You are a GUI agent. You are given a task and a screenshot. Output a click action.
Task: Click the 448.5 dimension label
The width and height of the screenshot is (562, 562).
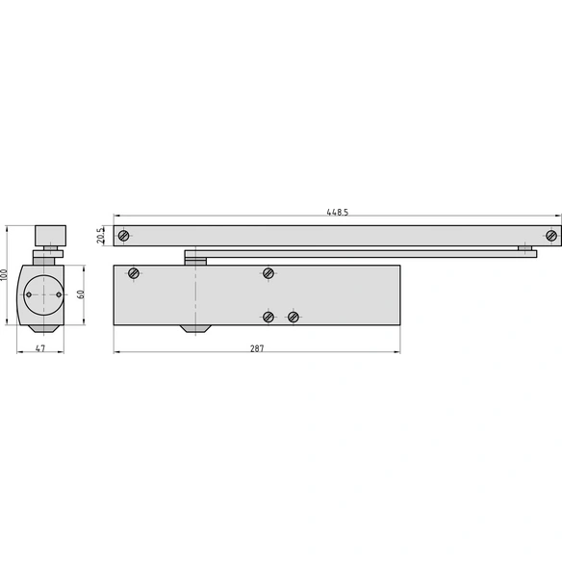337,212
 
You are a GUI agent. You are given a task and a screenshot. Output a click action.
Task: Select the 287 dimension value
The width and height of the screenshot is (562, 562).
257,348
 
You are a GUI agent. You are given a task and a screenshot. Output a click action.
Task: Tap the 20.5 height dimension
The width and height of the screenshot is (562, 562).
101,235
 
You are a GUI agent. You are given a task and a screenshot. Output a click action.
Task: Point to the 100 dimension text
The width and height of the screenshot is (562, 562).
4,275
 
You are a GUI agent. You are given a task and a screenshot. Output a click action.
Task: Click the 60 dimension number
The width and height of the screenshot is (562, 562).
81,294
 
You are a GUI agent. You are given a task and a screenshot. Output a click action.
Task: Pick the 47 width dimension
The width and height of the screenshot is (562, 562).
40,348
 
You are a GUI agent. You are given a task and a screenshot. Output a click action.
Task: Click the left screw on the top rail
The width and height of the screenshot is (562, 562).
123,236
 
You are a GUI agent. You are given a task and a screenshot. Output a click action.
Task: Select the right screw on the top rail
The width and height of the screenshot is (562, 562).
551,236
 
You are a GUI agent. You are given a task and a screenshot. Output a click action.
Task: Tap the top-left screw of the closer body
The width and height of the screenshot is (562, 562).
134,273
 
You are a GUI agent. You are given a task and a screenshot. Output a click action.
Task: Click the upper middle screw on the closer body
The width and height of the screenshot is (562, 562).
268,273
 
